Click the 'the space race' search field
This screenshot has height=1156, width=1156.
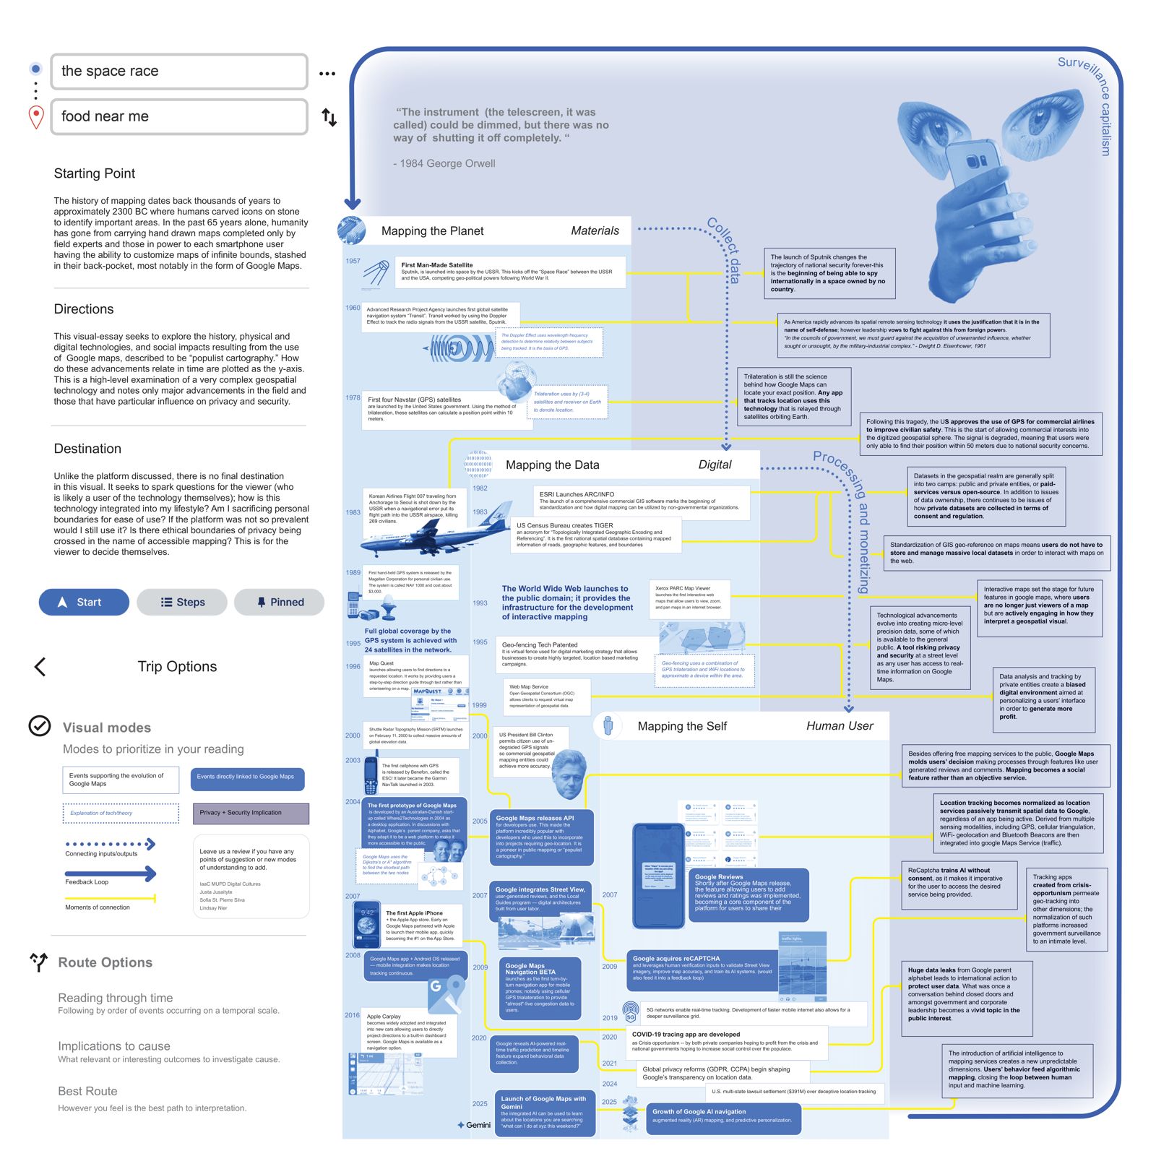178,71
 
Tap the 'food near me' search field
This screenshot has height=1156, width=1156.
178,116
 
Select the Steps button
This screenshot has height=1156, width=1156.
182,602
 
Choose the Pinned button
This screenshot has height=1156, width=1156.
279,602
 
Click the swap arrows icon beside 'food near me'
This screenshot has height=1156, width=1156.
329,117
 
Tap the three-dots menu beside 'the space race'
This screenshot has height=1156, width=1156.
327,73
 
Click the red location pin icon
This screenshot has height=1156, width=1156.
36,117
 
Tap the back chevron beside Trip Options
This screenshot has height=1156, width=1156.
40,667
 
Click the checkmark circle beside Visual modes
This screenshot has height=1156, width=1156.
40,725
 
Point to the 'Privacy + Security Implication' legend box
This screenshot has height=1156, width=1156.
250,813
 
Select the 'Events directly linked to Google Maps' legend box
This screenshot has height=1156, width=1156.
247,777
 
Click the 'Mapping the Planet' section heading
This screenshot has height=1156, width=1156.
432,231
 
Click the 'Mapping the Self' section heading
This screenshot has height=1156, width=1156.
681,726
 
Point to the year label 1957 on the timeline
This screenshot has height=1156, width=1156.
353,261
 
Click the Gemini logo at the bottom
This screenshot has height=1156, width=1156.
474,1125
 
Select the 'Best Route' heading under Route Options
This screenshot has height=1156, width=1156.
87,1091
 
